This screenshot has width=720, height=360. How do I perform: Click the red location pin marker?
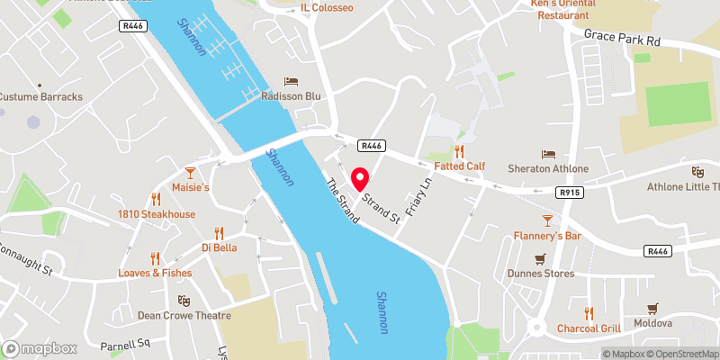360,179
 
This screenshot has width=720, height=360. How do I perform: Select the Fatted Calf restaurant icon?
460,151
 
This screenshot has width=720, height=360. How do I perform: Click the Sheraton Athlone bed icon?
549,154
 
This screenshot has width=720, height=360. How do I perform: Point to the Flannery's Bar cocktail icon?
546,221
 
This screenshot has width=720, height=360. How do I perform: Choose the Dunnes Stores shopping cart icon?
540,259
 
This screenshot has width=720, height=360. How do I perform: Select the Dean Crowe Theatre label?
184,316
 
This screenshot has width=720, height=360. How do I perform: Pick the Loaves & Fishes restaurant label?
154,273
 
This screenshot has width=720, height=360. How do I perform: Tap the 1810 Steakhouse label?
156,214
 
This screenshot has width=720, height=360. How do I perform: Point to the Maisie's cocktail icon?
190,172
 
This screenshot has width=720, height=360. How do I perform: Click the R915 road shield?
569,192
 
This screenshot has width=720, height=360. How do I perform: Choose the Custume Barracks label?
40,96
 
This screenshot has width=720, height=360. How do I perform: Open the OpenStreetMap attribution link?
681,353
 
